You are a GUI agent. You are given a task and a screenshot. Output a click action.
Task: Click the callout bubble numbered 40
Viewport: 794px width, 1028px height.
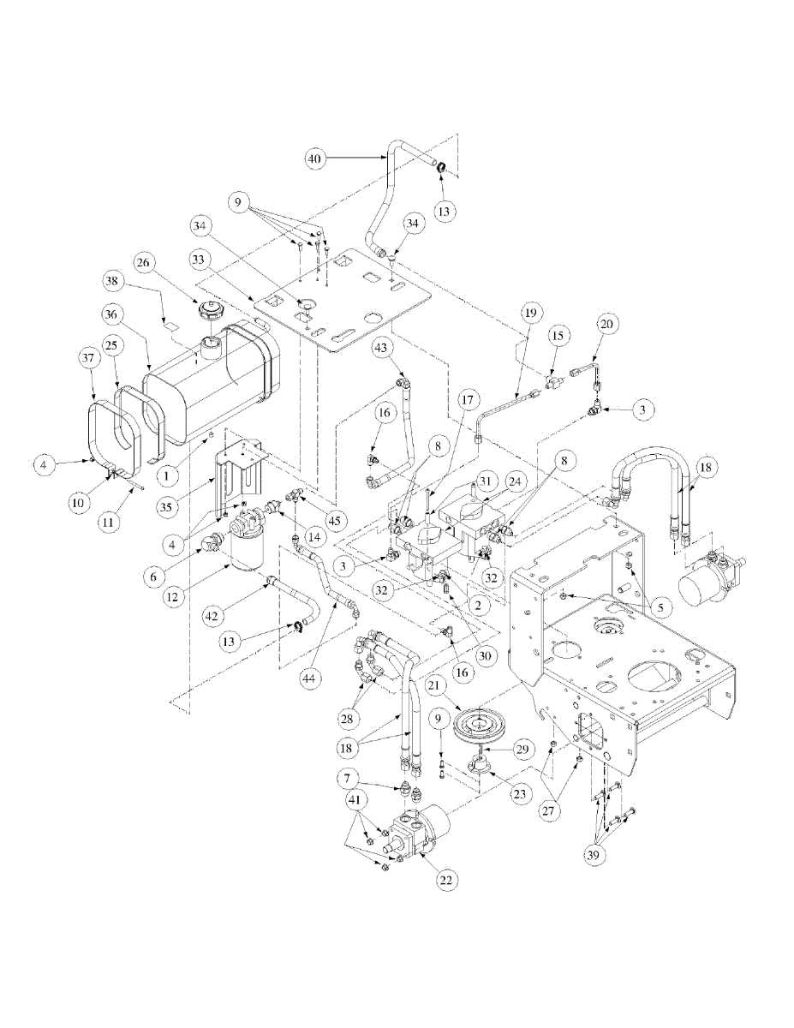point(315,159)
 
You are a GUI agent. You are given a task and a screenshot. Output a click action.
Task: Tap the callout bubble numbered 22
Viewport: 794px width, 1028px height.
point(445,880)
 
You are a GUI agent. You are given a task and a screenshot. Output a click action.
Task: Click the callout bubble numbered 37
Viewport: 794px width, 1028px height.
point(88,357)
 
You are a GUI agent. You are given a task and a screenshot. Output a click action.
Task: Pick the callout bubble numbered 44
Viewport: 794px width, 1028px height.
point(310,678)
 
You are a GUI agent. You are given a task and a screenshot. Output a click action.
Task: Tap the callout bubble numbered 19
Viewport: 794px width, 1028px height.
point(530,313)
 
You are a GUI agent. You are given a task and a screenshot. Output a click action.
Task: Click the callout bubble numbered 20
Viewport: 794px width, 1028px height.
point(606,324)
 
